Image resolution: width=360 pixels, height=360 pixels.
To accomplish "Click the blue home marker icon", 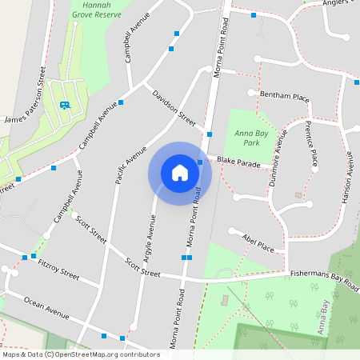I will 180,173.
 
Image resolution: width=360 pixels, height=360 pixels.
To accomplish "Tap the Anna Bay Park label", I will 248,138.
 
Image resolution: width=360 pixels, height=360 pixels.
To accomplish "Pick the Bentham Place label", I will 284,97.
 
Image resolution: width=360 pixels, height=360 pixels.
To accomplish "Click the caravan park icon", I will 64,105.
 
